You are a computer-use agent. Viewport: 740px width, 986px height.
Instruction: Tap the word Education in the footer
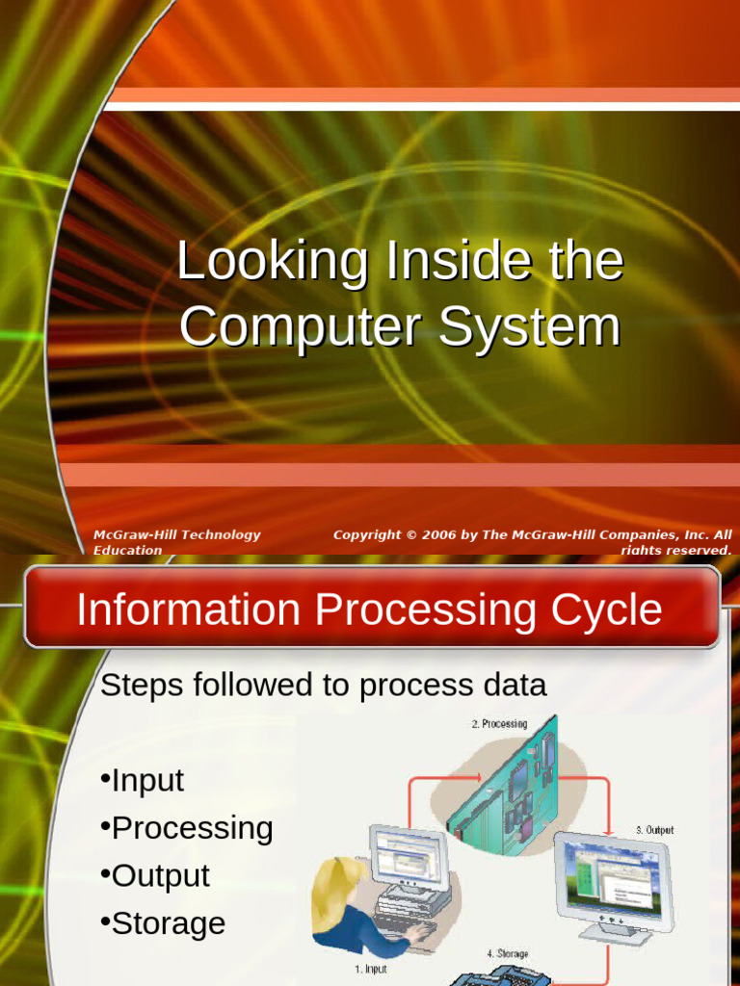127,551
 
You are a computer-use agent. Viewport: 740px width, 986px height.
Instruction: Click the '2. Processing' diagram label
499,724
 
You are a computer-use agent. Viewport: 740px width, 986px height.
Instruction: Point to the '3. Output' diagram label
654,830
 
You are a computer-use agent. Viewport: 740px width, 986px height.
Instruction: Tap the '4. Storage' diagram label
507,953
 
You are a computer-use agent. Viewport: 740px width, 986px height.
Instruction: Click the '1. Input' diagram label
370,970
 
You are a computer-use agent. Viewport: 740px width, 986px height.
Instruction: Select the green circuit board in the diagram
506,780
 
